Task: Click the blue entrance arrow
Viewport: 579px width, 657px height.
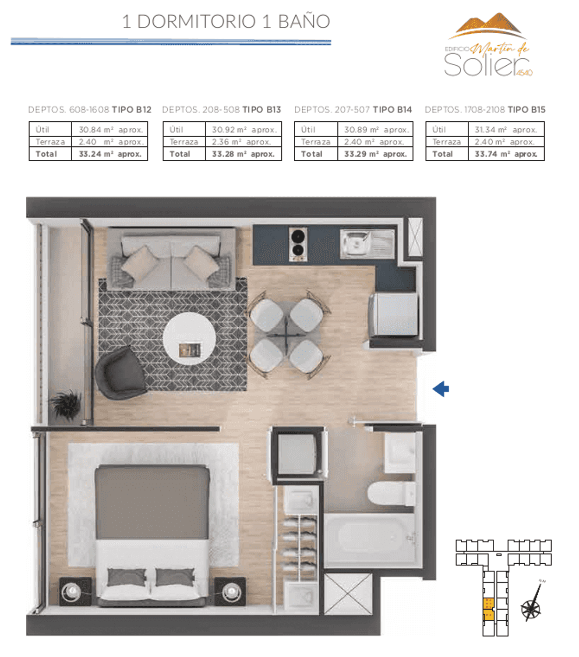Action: pyautogui.click(x=441, y=389)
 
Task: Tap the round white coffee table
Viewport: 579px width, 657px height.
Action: pyautogui.click(x=189, y=339)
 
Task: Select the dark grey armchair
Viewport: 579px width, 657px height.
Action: pyautogui.click(x=121, y=373)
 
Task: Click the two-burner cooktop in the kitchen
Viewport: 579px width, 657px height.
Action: pyautogui.click(x=298, y=244)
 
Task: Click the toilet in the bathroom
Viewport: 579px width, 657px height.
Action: pyautogui.click(x=391, y=493)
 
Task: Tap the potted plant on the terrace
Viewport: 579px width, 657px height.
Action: pyautogui.click(x=66, y=404)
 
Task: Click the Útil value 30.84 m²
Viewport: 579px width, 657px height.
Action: pyautogui.click(x=96, y=130)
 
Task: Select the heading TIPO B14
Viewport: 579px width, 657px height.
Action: pyautogui.click(x=392, y=109)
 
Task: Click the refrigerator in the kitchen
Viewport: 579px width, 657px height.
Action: pyautogui.click(x=393, y=314)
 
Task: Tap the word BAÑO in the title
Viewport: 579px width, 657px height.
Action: pyautogui.click(x=304, y=21)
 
